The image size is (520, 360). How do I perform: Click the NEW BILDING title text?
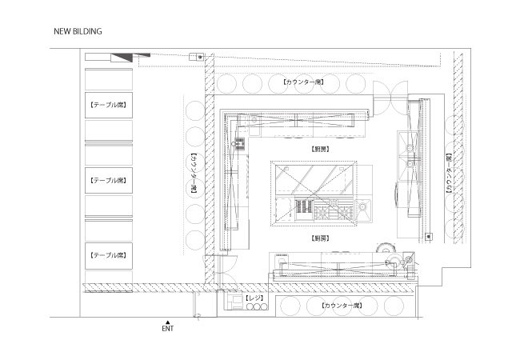click(78, 31)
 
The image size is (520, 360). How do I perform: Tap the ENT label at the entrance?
click(168, 329)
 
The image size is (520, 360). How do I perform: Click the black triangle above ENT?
click(168, 322)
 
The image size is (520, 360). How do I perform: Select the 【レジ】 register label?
click(254, 298)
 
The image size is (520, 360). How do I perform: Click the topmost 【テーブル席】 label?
click(109, 105)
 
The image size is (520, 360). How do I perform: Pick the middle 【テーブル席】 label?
click(109, 181)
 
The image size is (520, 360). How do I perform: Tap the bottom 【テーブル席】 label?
click(109, 255)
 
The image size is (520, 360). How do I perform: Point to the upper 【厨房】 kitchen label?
click(320, 150)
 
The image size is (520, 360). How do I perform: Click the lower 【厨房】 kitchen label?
click(320, 238)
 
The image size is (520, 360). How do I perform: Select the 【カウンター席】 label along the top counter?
click(303, 82)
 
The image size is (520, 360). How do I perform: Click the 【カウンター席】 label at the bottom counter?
click(342, 306)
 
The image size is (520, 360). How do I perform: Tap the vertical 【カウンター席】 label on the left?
click(194, 174)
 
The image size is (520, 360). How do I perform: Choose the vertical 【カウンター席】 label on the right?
click(449, 173)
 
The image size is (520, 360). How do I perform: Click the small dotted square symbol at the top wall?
click(200, 57)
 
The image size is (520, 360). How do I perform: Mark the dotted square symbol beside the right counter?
click(429, 237)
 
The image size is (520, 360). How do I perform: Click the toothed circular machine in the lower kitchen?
click(386, 249)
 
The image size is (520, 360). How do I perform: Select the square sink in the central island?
click(363, 210)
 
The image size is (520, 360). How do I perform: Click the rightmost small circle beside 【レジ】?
click(264, 307)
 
